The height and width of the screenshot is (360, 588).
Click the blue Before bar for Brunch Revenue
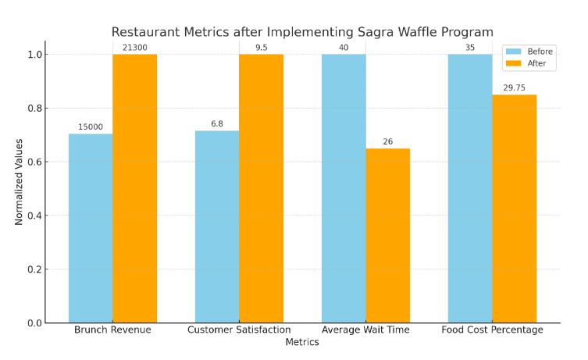pos(91,228)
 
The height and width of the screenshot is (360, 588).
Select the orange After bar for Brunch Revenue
pos(134,188)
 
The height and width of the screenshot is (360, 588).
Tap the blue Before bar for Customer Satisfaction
pos(217,226)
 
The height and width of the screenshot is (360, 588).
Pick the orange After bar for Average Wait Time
pos(387,235)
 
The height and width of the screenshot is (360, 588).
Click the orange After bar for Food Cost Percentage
pos(514,209)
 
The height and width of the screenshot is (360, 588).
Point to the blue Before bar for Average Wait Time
pos(344,188)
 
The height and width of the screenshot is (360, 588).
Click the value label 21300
pos(134,48)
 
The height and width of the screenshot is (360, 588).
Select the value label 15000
pos(91,127)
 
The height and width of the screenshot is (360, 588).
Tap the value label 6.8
pos(217,124)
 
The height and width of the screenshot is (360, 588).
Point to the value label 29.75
pos(514,88)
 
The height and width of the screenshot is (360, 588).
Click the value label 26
pos(387,142)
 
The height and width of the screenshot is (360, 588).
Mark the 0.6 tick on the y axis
pos(33,162)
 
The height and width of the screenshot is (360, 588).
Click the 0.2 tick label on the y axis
pos(33,269)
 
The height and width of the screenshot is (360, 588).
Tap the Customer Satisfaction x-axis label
pos(239,330)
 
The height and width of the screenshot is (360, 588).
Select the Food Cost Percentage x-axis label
pos(492,330)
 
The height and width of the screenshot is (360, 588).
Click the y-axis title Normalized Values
pos(19,181)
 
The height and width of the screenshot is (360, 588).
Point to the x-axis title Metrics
pos(302,342)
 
